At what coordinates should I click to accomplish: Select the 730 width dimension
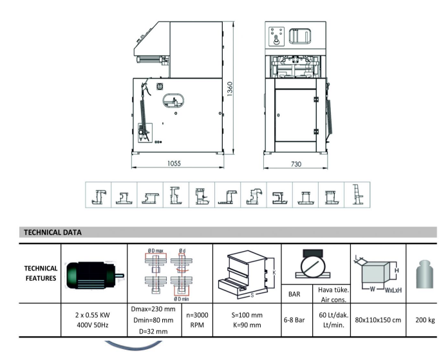(296, 164)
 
